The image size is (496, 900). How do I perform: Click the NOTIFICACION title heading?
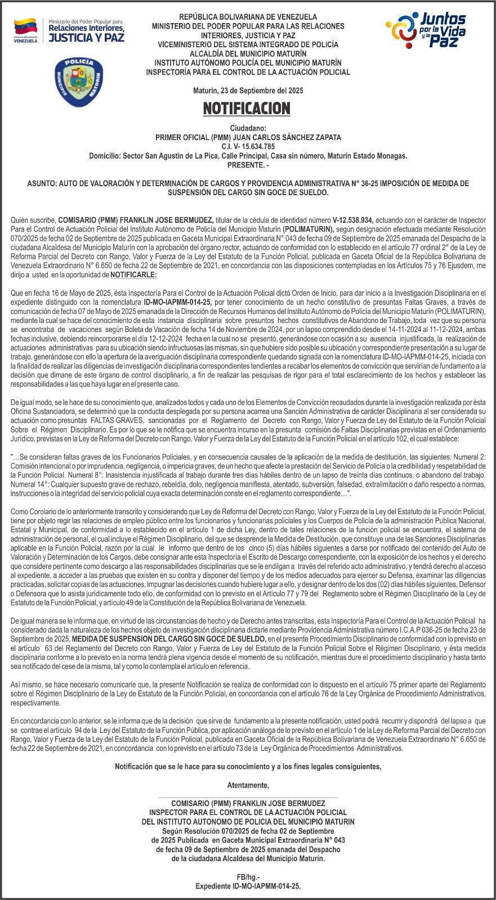(247, 108)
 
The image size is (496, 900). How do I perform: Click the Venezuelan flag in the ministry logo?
(25, 26)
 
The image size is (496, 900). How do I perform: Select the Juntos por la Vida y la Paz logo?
(426, 29)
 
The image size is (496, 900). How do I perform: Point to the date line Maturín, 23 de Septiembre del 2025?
(248, 91)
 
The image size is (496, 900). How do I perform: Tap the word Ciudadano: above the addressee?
(248, 128)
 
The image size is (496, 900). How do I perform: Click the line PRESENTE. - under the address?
(248, 165)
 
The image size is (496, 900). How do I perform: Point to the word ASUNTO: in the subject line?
(42, 184)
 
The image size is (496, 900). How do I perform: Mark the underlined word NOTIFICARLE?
(133, 275)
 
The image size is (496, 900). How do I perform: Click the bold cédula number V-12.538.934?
(353, 220)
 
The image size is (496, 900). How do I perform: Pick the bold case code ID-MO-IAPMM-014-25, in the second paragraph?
(177, 302)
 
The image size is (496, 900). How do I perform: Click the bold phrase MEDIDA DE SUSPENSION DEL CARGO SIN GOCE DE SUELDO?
(169, 640)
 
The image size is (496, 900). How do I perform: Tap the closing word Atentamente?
(248, 785)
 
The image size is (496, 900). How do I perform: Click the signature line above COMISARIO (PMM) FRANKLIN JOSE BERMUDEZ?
(248, 797)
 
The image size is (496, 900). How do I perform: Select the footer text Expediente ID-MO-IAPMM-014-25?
(248, 886)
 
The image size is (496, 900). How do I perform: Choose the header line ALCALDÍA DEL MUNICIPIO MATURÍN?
(248, 53)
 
